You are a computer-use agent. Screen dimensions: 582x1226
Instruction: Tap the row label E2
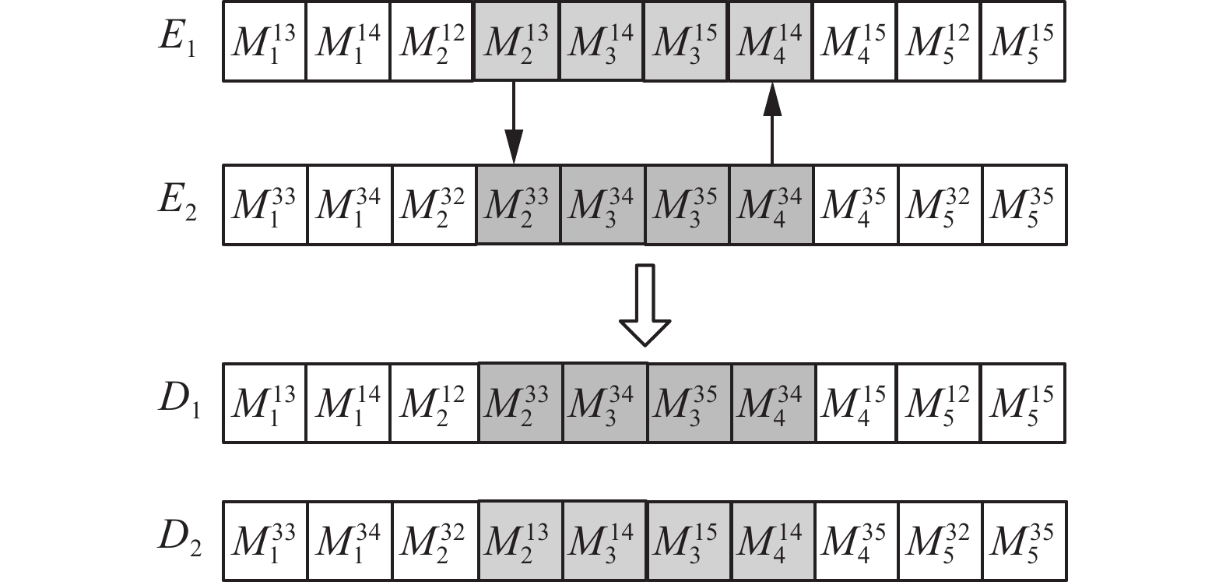coord(177,204)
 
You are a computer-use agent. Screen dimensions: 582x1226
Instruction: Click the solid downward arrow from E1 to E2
coord(514,122)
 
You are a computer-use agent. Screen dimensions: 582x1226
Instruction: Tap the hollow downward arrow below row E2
coord(645,305)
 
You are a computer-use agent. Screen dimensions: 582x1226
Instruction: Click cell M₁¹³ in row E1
coord(264,41)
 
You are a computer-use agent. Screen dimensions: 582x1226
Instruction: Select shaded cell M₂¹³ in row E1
coord(516,41)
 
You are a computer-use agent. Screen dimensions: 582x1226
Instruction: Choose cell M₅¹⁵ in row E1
coord(1022,41)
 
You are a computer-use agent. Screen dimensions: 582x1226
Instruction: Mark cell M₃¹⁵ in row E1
coord(685,41)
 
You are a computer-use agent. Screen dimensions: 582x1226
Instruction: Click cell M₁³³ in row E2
coord(265,205)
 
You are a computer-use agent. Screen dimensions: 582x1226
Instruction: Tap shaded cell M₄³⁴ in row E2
coord(771,205)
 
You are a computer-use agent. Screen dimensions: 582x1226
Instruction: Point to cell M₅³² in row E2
coord(939,205)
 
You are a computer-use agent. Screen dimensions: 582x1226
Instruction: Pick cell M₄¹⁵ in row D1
coord(855,403)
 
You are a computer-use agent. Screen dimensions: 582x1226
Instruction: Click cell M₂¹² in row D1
coord(433,403)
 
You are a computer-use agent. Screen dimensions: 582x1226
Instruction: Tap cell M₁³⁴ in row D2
coord(349,541)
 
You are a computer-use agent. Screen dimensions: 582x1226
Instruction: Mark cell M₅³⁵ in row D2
coord(1023,541)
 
